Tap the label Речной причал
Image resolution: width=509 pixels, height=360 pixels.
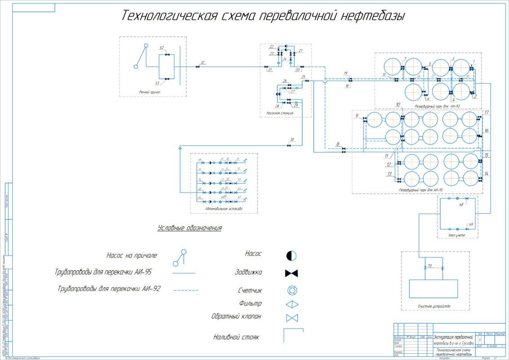pyautogui.click(x=150, y=92)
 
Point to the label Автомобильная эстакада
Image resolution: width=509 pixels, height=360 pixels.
pyautogui.click(x=223, y=209)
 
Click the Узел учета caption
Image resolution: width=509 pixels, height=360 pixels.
pyautogui.click(x=456, y=234)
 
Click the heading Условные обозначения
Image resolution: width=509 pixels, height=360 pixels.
pyautogui.click(x=189, y=228)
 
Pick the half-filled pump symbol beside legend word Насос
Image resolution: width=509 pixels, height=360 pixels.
pyautogui.click(x=291, y=256)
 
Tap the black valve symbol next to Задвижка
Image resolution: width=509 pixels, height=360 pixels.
pyautogui.click(x=292, y=273)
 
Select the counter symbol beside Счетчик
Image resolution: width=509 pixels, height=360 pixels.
pyautogui.click(x=292, y=291)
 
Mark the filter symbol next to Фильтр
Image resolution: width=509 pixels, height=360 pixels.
pyautogui.click(x=292, y=304)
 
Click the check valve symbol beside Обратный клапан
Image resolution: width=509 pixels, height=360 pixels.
pyautogui.click(x=292, y=318)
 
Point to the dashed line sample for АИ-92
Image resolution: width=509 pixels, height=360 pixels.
pyautogui.click(x=186, y=291)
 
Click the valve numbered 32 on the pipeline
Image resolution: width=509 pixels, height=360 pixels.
pyautogui.click(x=198, y=67)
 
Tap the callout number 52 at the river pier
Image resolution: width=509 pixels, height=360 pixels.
pyautogui.click(x=162, y=48)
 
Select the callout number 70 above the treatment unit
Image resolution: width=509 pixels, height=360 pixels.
pyautogui.click(x=429, y=265)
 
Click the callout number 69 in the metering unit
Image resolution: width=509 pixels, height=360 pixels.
pyautogui.click(x=471, y=224)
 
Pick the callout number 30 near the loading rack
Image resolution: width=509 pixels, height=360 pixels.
pyautogui.click(x=292, y=139)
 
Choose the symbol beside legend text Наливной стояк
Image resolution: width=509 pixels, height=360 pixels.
pyautogui.click(x=292, y=335)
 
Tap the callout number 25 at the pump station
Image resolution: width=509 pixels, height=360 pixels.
pyautogui.click(x=303, y=77)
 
